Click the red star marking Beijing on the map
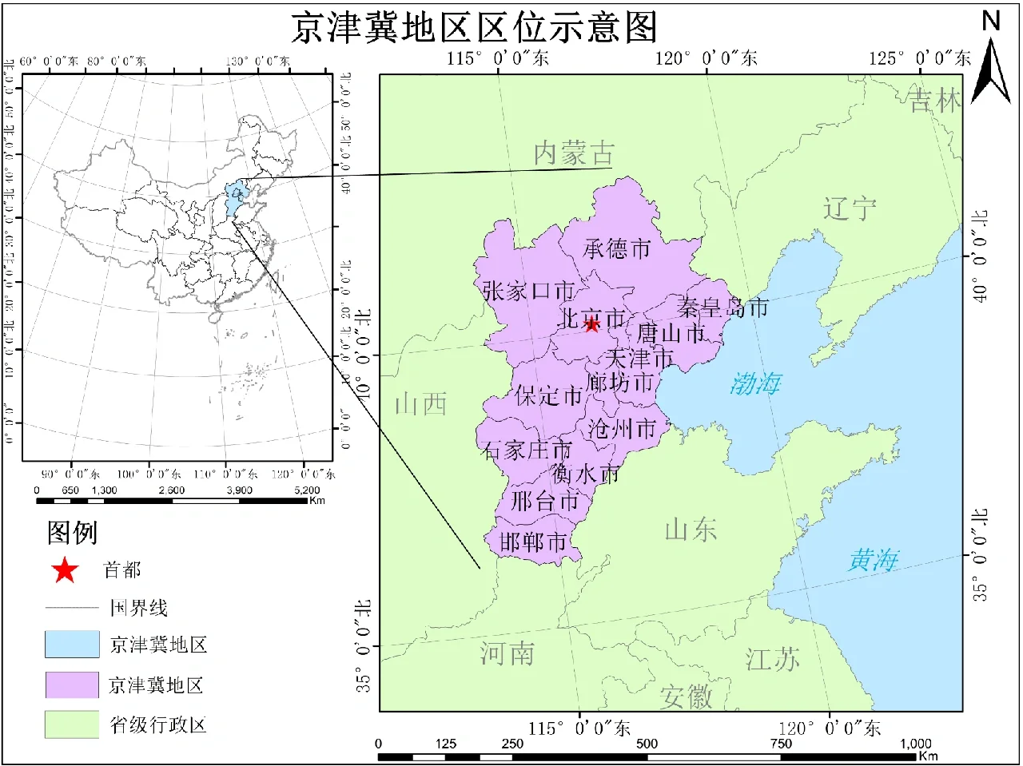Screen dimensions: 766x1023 click(x=591, y=323)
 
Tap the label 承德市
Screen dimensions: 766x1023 click(x=617, y=248)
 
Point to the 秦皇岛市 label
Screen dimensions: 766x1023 click(x=722, y=307)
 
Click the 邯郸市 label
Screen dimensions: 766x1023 click(x=533, y=542)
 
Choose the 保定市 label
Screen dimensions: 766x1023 click(x=548, y=395)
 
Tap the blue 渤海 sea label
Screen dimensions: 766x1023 click(x=755, y=384)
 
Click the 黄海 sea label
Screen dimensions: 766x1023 click(x=874, y=560)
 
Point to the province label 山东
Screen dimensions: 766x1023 click(x=691, y=529)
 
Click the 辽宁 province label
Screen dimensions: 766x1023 click(x=850, y=209)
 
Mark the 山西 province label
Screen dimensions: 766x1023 click(x=421, y=404)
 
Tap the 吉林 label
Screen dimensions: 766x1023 click(x=935, y=101)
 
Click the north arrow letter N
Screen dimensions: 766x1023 click(x=991, y=21)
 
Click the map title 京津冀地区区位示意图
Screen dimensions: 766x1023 click(x=473, y=28)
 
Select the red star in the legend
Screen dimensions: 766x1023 click(x=65, y=570)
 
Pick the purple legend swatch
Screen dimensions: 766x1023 click(x=72, y=685)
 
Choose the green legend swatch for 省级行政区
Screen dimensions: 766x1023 click(x=72, y=725)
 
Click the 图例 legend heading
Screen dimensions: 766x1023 click(x=72, y=532)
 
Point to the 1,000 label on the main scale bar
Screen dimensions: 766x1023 click(x=916, y=744)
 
